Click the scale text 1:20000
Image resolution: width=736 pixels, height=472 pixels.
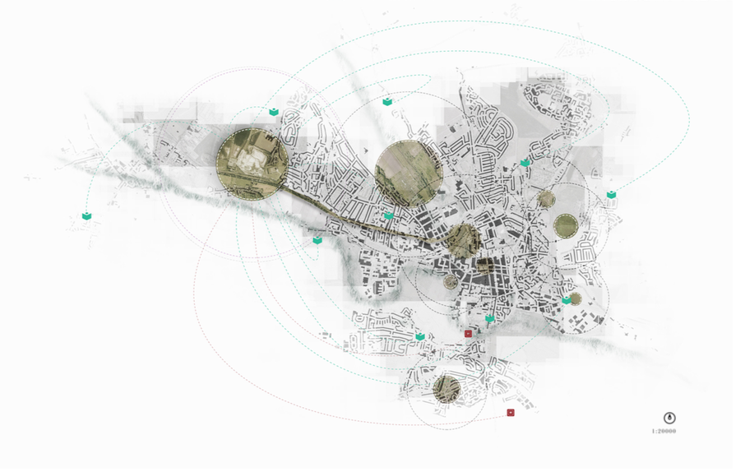click(x=667, y=433)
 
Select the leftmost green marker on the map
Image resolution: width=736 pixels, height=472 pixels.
click(x=87, y=218)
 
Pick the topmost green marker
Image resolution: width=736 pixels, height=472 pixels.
click(x=390, y=102)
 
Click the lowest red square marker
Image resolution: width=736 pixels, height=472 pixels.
click(x=513, y=414)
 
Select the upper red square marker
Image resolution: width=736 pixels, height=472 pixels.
click(x=470, y=335)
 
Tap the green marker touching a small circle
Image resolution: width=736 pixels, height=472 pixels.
click(x=569, y=302)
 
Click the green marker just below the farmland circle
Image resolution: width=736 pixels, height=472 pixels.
click(x=391, y=217)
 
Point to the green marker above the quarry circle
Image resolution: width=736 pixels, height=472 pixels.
click(x=275, y=113)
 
